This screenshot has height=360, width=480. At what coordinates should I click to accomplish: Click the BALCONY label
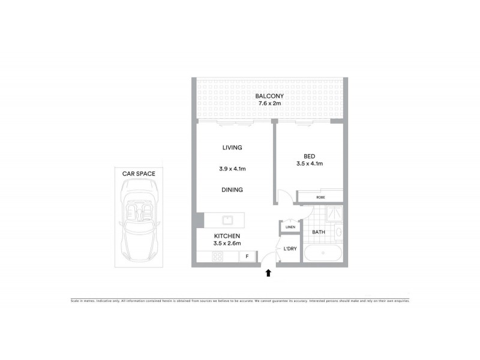point(269,96)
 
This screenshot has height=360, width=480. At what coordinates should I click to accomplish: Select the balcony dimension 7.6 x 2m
point(269,104)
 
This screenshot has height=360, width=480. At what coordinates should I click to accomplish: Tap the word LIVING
point(231,147)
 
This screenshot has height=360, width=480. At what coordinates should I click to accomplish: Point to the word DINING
point(231,190)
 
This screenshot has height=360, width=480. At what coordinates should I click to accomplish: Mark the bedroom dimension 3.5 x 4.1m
point(310,163)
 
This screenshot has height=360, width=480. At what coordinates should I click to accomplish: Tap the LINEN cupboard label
point(290,227)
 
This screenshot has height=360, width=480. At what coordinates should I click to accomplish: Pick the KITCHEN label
point(228,236)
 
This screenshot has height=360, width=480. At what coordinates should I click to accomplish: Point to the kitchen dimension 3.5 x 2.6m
point(228,244)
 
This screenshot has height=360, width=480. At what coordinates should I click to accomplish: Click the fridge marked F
point(245,257)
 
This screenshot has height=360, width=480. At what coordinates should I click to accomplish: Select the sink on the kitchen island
point(228,219)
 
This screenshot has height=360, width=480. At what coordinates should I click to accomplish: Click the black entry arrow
point(268,274)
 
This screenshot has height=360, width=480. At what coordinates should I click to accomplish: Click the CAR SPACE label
point(139,173)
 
